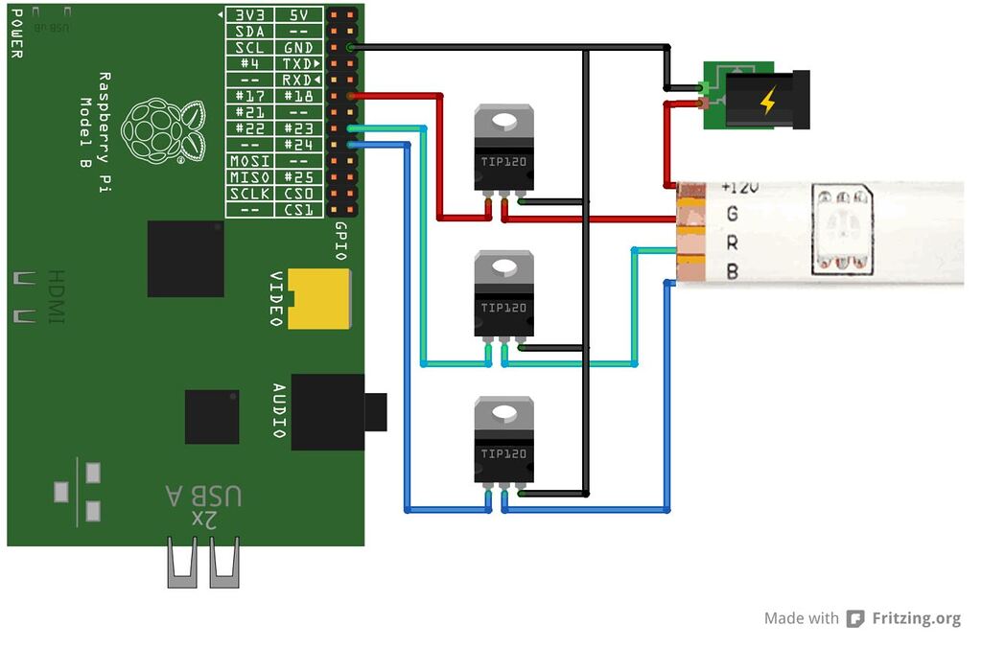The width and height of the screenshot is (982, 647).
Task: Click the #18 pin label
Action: pos(299,96)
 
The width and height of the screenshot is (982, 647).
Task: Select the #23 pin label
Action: pos(299,128)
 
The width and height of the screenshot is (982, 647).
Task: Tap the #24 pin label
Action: pos(299,145)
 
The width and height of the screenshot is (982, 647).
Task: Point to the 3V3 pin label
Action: pos(250,15)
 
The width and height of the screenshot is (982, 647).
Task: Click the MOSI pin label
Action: pos(250,161)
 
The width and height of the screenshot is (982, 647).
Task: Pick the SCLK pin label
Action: pos(250,194)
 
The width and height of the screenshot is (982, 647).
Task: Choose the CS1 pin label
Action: pos(299,210)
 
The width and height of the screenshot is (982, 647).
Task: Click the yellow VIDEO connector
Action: pos(319,299)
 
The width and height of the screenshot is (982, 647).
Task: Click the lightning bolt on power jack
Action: pos(767,100)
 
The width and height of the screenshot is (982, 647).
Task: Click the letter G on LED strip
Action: pos(733,214)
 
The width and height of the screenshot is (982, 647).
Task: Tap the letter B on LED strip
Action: pos(733,271)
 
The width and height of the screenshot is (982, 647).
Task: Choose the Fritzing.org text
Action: pos(916,619)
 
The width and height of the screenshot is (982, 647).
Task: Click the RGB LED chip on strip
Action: pos(842,229)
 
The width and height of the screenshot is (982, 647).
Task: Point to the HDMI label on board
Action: pos(57,296)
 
